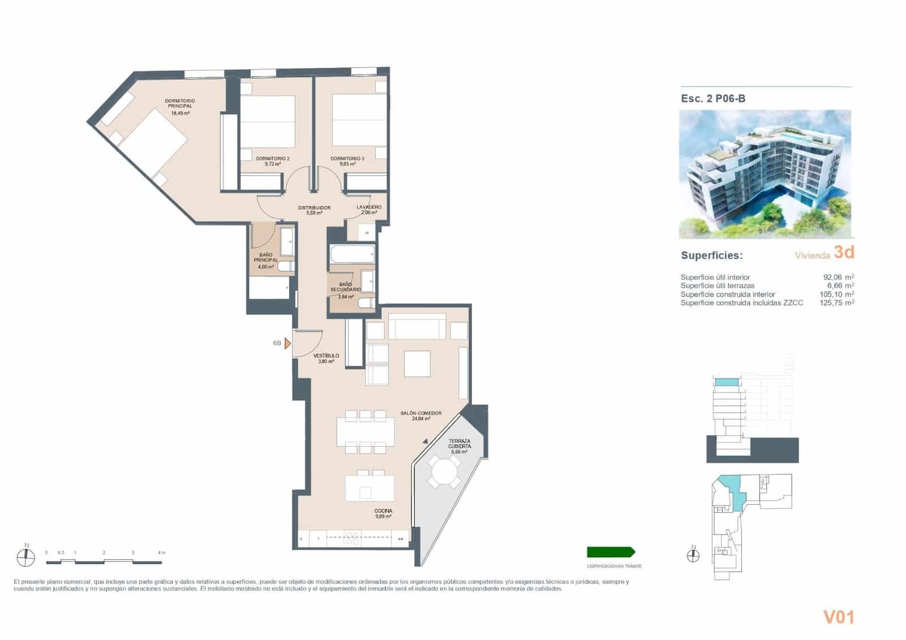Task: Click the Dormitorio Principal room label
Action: pos(180,104)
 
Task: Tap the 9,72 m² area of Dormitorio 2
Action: pos(272,164)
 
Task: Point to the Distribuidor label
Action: pos(314,208)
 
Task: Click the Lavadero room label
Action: pos(369,207)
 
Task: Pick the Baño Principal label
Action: pos(265,258)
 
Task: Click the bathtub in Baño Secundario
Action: pos(352,253)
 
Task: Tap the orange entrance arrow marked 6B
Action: pos(288,343)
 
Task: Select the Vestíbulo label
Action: pos(326,356)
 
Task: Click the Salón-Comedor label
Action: pos(421,413)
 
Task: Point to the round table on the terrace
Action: pos(444,471)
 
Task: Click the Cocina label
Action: pos(383,511)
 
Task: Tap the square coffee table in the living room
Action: pos(417,364)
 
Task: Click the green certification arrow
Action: pos(611,552)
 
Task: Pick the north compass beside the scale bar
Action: pos(25,557)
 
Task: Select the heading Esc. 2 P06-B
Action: pos(713,99)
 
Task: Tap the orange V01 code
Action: pos(838,617)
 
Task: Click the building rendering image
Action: pos(765,174)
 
